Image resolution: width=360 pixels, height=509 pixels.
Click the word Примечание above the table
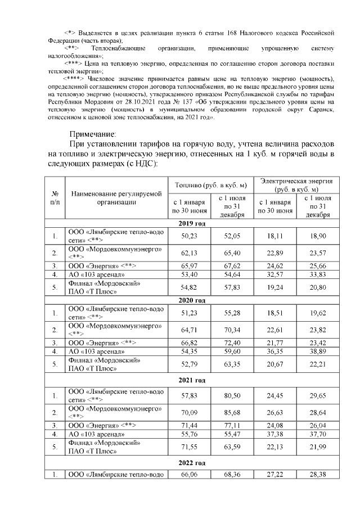[92, 134]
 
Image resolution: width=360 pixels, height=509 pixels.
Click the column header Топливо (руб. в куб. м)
[211, 184]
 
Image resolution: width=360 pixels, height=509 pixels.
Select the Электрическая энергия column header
[295, 184]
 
